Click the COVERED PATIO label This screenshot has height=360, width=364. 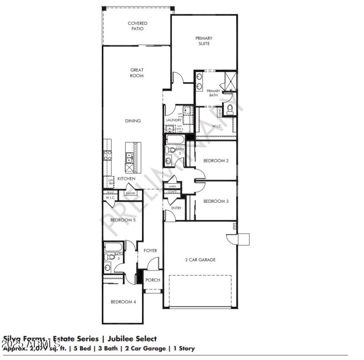click(137, 26)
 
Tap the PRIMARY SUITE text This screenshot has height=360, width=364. click(204, 41)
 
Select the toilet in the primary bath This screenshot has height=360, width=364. click(230, 109)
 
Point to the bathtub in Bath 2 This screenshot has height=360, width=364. click(176, 139)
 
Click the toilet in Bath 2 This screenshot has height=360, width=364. click(171, 150)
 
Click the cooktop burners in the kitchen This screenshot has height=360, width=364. click(108, 156)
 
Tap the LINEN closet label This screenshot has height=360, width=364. click(172, 186)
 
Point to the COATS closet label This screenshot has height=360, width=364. click(172, 191)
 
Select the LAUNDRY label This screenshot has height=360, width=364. click(174, 120)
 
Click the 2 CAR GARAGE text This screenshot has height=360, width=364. click(200, 260)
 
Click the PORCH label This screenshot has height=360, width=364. click(152, 280)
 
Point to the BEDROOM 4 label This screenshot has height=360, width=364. click(123, 302)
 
